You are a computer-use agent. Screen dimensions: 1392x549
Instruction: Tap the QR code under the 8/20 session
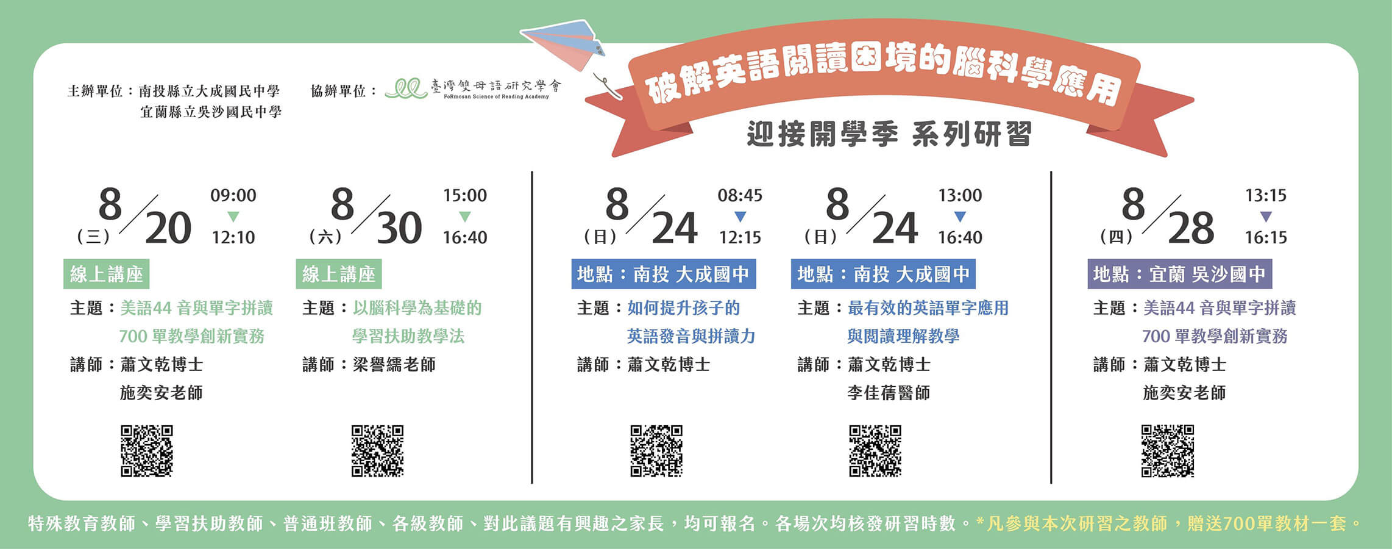point(147,451)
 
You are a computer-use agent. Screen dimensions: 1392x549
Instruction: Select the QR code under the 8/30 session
point(378,451)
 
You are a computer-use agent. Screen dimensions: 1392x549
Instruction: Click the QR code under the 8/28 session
point(1168,451)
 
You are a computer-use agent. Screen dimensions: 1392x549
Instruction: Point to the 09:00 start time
point(233,195)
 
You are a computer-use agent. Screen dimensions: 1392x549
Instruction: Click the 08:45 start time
point(740,195)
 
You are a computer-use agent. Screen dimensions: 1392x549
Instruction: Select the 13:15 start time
point(1266,195)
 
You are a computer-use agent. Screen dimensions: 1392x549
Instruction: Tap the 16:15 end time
point(1266,237)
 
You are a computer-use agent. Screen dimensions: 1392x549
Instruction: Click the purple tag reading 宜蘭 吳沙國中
point(1180,274)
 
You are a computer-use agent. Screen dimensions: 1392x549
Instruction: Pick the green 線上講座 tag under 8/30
point(339,274)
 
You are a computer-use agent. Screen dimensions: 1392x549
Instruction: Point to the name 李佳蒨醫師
point(889,393)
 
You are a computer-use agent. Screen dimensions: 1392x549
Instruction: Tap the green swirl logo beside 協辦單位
point(407,89)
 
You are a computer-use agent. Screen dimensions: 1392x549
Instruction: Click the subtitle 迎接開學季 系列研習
point(889,134)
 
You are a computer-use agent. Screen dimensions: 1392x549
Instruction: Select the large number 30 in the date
point(399,228)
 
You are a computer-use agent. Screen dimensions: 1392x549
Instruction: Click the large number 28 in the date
point(1191,228)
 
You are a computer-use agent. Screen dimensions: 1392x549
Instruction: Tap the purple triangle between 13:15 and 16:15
point(1266,217)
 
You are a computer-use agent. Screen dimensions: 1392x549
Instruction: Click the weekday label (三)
point(93,237)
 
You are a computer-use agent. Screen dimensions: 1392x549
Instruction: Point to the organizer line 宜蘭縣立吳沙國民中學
point(211,112)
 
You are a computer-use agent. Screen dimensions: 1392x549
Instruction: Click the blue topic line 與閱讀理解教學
point(903,336)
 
